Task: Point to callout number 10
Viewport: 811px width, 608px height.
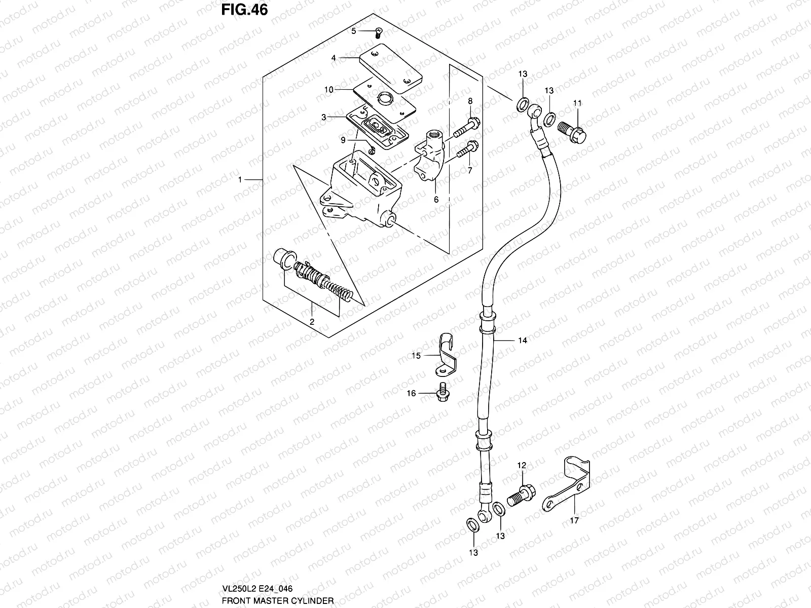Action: click(343, 90)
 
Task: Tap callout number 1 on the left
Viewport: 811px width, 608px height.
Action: click(242, 180)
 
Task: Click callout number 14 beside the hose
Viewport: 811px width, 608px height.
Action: click(523, 340)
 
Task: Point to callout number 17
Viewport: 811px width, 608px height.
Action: click(574, 520)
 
